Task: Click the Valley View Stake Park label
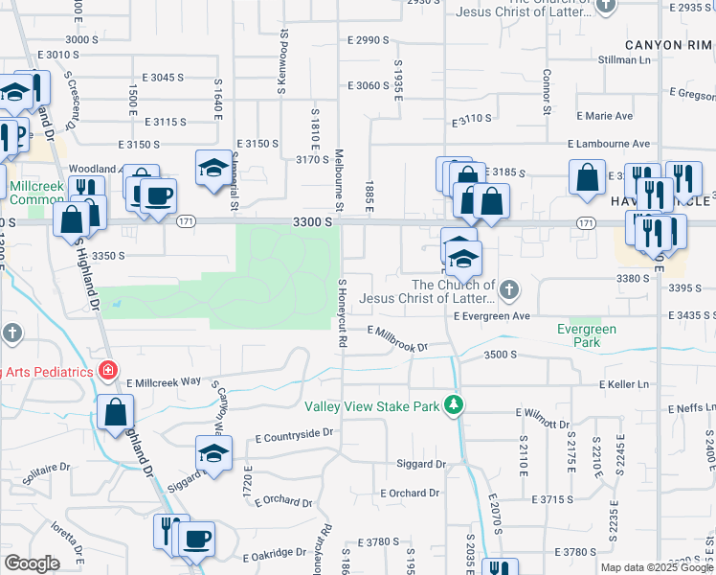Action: tap(371, 406)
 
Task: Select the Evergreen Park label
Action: tap(587, 335)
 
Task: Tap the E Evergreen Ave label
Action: tap(491, 315)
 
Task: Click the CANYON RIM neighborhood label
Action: tap(668, 45)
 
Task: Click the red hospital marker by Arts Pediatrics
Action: tap(109, 370)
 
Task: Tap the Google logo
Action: tap(31, 563)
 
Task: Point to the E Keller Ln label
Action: tap(623, 384)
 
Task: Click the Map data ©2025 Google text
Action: tap(657, 567)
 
